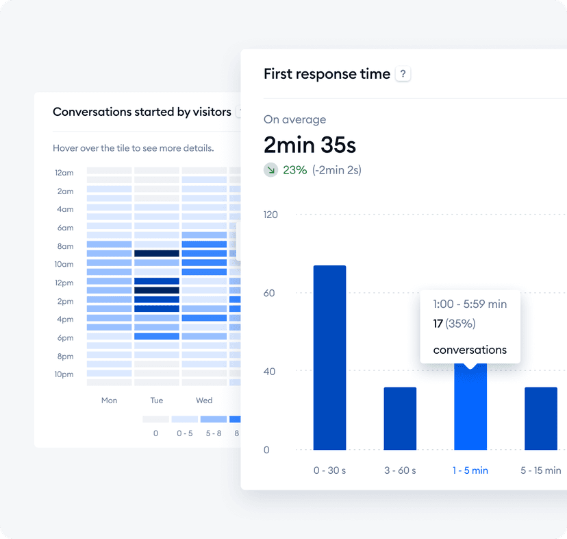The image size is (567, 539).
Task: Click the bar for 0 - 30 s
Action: [329, 357]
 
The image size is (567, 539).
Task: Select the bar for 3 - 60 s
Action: [400, 418]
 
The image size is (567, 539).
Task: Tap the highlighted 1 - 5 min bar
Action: [470, 408]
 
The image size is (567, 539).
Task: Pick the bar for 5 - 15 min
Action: [541, 418]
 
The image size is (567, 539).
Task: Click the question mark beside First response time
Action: [403, 75]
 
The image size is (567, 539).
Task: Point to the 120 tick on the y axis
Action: [271, 215]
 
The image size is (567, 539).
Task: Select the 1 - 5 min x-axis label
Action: [470, 470]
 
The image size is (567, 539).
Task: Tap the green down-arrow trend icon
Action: [271, 169]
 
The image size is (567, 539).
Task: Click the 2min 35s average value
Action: [310, 145]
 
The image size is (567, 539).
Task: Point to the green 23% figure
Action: [294, 169]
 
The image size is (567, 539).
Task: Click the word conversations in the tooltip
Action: [470, 350]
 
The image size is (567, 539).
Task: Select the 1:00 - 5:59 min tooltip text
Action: [470, 304]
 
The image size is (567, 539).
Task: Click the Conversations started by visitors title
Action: [142, 112]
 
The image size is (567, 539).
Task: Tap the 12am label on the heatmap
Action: [64, 173]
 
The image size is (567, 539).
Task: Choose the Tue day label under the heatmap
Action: [157, 400]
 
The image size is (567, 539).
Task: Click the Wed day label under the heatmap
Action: [204, 400]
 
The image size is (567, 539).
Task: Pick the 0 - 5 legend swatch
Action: [184, 418]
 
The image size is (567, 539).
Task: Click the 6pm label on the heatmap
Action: [65, 338]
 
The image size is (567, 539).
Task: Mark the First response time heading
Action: [327, 74]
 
